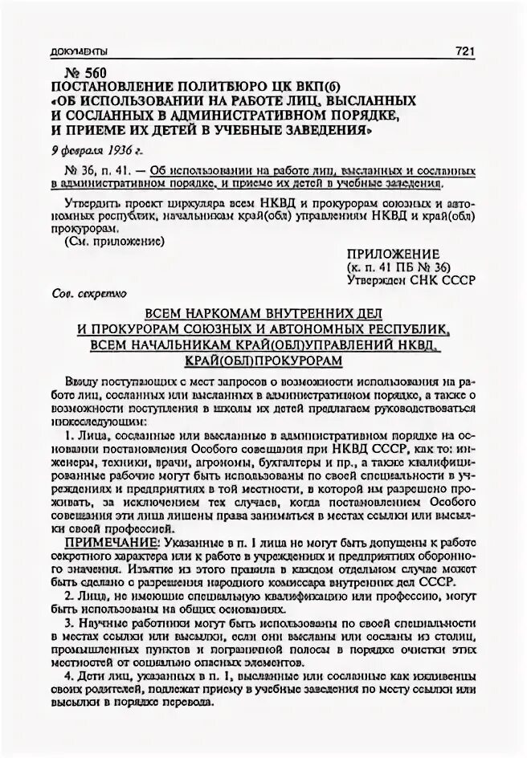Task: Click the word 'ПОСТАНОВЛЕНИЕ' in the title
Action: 105,87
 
